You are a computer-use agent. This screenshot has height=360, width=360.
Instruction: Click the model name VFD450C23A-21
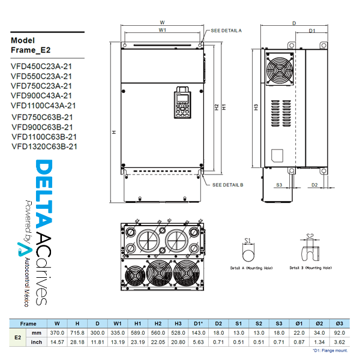(41, 67)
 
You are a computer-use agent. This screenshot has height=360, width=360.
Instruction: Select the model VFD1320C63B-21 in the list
(44, 146)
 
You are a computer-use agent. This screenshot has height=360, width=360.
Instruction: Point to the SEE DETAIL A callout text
(227, 30)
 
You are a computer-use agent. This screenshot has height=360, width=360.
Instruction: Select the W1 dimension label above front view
(162, 30)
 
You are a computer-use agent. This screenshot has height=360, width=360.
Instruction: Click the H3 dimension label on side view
(256, 108)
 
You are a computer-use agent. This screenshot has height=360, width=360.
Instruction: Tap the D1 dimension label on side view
(312, 30)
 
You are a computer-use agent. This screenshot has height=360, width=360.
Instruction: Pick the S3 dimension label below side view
(280, 185)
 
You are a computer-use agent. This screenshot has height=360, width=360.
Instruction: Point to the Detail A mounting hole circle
(247, 255)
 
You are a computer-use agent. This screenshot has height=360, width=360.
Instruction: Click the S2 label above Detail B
(310, 236)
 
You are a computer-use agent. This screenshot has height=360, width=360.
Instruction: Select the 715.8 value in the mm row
(77, 332)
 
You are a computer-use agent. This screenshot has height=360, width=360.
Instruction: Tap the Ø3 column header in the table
(339, 323)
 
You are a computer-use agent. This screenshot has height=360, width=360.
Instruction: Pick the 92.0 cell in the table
(339, 332)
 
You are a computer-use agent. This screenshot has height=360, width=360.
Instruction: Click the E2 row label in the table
(18, 337)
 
